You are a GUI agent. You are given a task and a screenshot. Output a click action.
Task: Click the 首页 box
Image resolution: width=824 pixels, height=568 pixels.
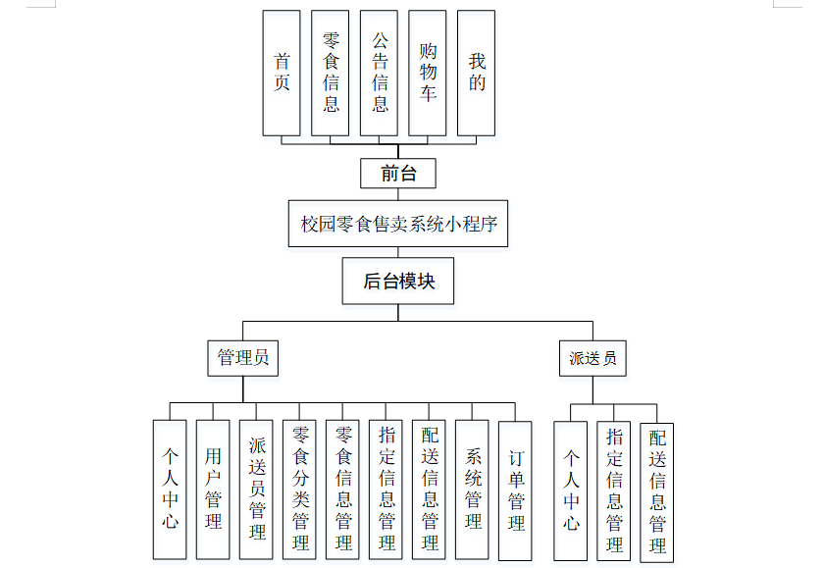pyautogui.click(x=282, y=74)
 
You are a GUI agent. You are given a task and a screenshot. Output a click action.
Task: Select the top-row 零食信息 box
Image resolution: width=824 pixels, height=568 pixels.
pyautogui.click(x=331, y=74)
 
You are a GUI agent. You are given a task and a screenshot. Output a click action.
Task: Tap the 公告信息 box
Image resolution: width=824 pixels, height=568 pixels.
pyautogui.click(x=380, y=74)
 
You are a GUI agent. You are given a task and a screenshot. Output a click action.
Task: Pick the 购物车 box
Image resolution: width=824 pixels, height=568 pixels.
pyautogui.click(x=428, y=74)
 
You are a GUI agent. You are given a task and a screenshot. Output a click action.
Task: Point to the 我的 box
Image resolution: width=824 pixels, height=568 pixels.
pyautogui.click(x=477, y=74)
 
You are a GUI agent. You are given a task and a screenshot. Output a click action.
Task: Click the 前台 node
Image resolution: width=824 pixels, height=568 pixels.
pyautogui.click(x=397, y=174)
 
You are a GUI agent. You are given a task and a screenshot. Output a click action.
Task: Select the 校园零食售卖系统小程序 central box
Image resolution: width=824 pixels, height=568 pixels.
pyautogui.click(x=398, y=225)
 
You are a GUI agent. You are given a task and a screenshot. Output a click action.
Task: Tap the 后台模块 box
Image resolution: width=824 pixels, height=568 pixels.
pyautogui.click(x=398, y=282)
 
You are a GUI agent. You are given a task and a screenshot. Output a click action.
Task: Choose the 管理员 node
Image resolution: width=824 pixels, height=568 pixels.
pyautogui.click(x=243, y=358)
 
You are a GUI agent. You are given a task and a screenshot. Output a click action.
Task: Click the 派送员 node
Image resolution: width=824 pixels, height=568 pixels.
pyautogui.click(x=593, y=358)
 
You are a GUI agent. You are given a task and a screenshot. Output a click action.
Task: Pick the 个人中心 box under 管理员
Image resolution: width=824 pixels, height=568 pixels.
pyautogui.click(x=170, y=490)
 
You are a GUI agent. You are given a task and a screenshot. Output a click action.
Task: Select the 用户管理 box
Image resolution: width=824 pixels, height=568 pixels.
pyautogui.click(x=213, y=490)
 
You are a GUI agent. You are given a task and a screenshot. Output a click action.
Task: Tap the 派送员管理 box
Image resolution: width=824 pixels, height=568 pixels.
pyautogui.click(x=256, y=490)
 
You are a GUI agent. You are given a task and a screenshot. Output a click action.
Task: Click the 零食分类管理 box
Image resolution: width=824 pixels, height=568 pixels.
pyautogui.click(x=300, y=490)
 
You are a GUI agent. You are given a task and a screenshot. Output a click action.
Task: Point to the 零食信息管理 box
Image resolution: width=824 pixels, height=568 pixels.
pyautogui.click(x=343, y=490)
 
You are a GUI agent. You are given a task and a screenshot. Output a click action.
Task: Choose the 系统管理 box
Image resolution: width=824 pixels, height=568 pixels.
pyautogui.click(x=473, y=490)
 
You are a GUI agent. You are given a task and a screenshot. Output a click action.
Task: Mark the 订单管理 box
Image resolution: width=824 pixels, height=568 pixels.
pyautogui.click(x=516, y=490)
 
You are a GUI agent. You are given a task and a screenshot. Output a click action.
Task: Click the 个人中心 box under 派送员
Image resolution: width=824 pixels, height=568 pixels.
pyautogui.click(x=571, y=490)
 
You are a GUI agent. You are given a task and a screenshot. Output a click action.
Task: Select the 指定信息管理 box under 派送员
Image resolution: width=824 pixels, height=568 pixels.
pyautogui.click(x=614, y=491)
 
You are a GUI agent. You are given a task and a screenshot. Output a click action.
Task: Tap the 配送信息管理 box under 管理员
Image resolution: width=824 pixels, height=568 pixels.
pyautogui.click(x=430, y=490)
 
